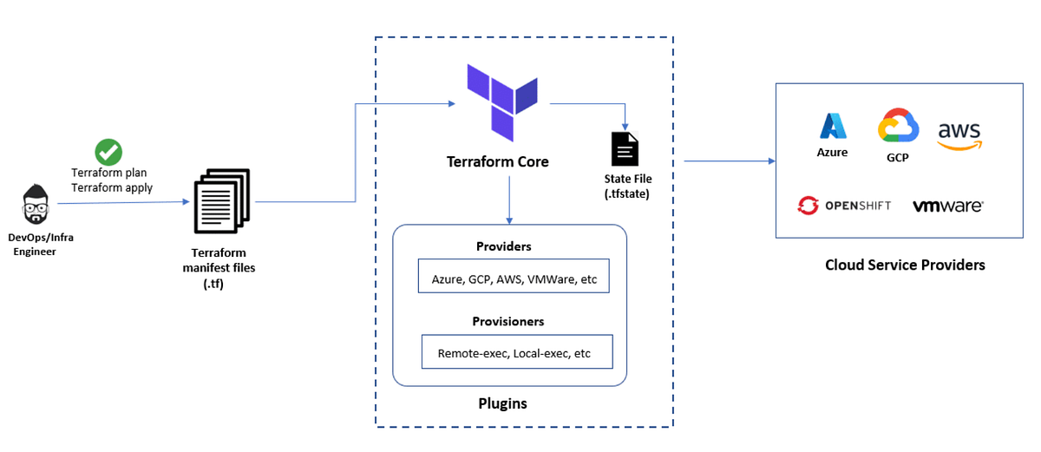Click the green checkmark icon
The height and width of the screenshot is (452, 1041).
pyautogui.click(x=108, y=152)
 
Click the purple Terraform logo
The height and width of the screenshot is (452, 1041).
pyautogui.click(x=502, y=102)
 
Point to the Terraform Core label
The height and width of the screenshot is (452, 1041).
pyautogui.click(x=497, y=161)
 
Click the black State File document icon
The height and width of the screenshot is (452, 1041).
pyautogui.click(x=625, y=148)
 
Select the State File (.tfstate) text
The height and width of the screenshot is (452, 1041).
pyautogui.click(x=628, y=186)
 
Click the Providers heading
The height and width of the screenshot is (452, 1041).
pyautogui.click(x=503, y=246)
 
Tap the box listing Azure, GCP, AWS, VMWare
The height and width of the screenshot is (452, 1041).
pyautogui.click(x=514, y=279)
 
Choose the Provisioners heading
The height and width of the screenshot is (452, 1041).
pyautogui.click(x=507, y=321)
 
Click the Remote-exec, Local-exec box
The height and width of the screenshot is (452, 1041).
pyautogui.click(x=517, y=353)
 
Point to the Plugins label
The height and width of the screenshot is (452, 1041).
pyautogui.click(x=502, y=403)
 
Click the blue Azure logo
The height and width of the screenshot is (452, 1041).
pyautogui.click(x=832, y=127)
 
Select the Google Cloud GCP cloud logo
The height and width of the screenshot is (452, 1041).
pyautogui.click(x=897, y=127)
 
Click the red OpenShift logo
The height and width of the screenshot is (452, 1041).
pyautogui.click(x=809, y=206)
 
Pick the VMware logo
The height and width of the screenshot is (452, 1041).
pyautogui.click(x=947, y=206)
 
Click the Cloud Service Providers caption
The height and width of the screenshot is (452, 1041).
pyautogui.click(x=905, y=265)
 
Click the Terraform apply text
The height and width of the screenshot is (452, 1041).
pyautogui.click(x=112, y=187)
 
